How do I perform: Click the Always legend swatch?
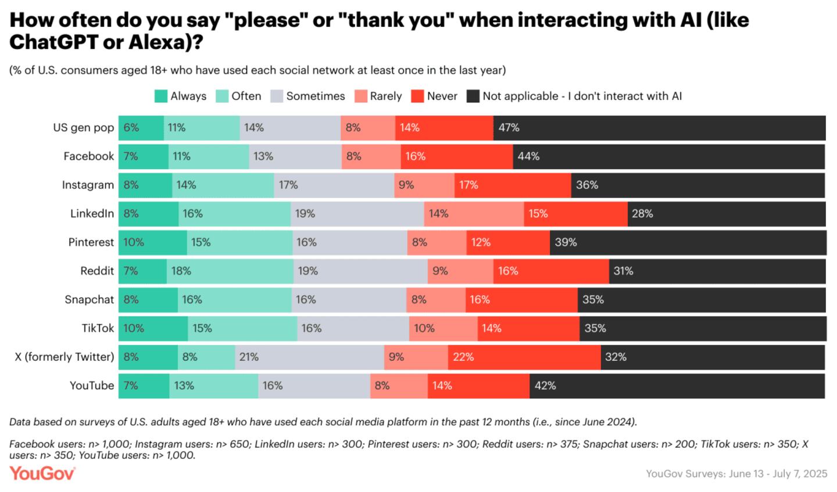click(161, 96)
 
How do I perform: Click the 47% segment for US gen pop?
click(659, 128)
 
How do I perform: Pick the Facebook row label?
click(89, 156)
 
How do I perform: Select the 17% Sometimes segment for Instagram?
click(334, 185)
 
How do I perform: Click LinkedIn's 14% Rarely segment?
click(474, 214)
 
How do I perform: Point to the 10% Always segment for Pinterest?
click(153, 242)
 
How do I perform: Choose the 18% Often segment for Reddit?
click(230, 271)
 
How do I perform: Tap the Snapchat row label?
click(90, 300)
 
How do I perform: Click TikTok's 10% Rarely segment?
click(443, 328)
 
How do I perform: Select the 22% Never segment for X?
click(524, 357)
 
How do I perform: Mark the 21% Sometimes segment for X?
click(310, 357)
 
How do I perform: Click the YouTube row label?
click(92, 386)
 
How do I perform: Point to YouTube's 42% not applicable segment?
click(677, 386)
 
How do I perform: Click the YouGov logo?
click(42, 473)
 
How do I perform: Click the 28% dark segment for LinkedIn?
click(727, 214)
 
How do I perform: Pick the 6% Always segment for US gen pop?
click(141, 128)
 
